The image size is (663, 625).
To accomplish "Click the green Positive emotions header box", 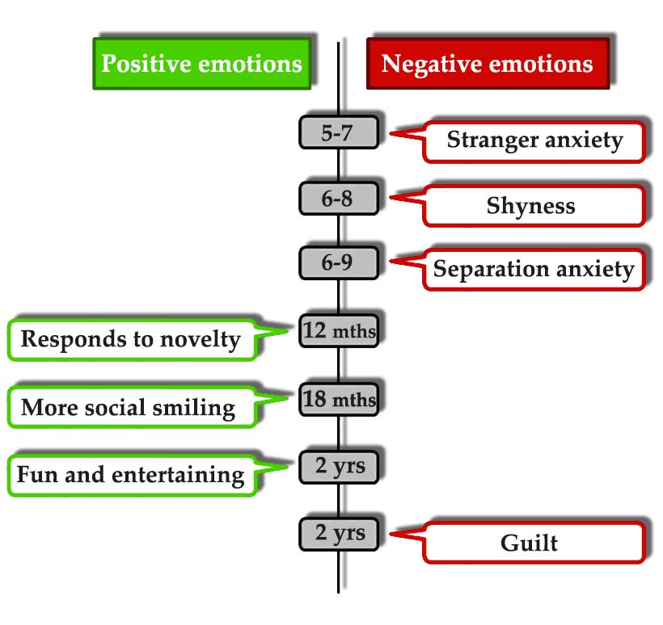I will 201,63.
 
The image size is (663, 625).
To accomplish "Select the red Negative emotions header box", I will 487,63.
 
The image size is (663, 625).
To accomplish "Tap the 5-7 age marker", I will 338,132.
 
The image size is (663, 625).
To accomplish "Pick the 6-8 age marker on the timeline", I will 338,199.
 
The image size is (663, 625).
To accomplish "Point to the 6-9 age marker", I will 338,263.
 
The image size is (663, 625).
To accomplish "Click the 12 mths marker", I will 338,329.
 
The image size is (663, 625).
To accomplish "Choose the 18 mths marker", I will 338,398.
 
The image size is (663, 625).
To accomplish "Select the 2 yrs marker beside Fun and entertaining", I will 338,466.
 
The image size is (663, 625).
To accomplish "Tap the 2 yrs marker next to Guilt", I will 338,533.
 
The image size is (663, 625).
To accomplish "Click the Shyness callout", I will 531,206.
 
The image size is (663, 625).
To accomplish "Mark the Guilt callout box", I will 531,542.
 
